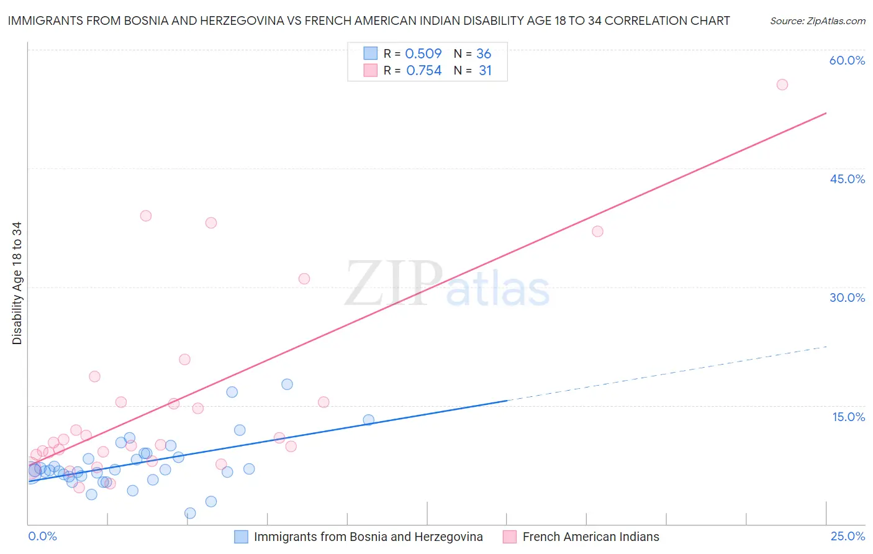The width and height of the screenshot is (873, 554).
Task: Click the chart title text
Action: pyautogui.click(x=369, y=20)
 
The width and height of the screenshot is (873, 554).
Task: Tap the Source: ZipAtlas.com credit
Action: pyautogui.click(x=817, y=20)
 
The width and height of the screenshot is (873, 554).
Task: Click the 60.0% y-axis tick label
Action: pyautogui.click(x=847, y=60)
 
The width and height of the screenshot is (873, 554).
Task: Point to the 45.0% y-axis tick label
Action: pyautogui.click(x=847, y=179)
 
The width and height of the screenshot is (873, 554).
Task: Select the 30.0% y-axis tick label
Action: pyautogui.click(x=847, y=297)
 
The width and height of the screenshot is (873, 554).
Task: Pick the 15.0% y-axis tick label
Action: pyautogui.click(x=848, y=417)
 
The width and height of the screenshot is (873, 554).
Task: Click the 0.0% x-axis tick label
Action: pyautogui.click(x=43, y=536)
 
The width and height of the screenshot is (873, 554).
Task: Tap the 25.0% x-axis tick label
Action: pyautogui.click(x=848, y=536)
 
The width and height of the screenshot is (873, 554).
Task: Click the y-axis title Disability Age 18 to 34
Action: pyautogui.click(x=17, y=283)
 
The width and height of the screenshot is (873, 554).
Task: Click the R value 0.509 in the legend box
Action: pyautogui.click(x=423, y=54)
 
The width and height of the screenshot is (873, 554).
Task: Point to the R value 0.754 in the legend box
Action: pyautogui.click(x=424, y=71)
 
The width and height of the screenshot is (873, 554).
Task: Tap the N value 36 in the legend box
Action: pyautogui.click(x=484, y=54)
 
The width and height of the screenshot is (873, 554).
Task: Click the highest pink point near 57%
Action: pyautogui.click(x=782, y=84)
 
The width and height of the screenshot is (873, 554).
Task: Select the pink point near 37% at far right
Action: pyautogui.click(x=597, y=231)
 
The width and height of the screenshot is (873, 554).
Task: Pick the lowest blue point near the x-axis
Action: pyautogui.click(x=190, y=513)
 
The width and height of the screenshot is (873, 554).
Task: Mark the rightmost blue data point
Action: pyautogui.click(x=368, y=420)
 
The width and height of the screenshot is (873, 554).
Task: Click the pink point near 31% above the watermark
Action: pyautogui.click(x=304, y=279)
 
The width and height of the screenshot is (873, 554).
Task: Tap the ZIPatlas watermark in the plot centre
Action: pyautogui.click(x=447, y=284)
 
